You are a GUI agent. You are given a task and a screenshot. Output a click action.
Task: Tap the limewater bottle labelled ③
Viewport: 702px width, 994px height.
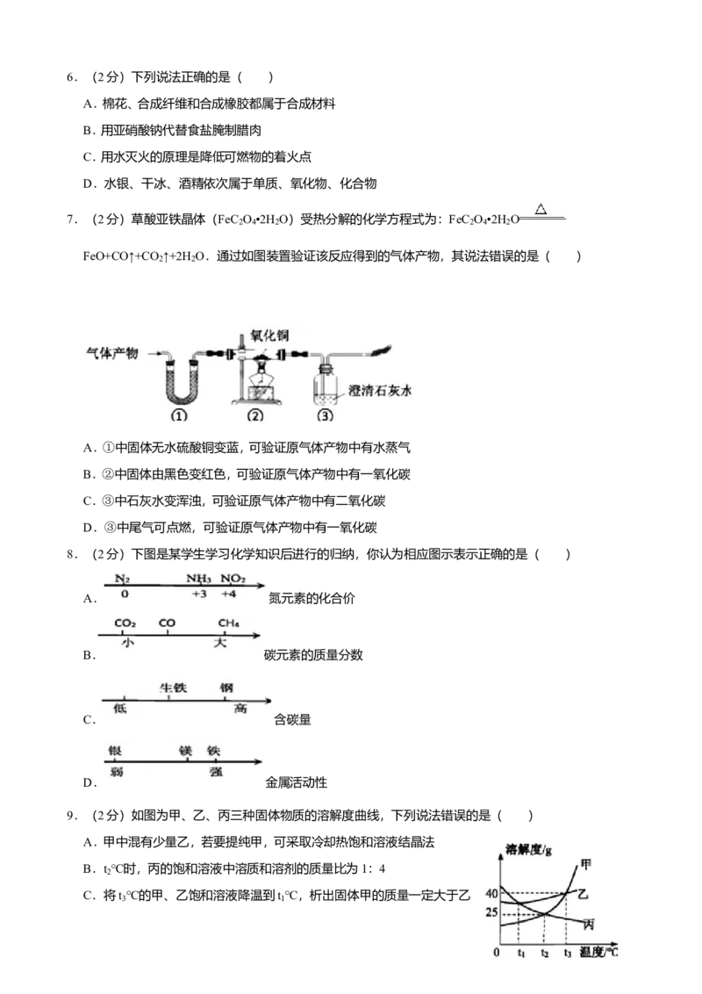tap(325, 384)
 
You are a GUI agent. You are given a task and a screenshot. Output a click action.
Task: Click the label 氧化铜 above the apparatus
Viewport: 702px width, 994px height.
tap(269, 335)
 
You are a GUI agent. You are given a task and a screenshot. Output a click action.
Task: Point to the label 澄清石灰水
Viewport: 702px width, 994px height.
tap(379, 391)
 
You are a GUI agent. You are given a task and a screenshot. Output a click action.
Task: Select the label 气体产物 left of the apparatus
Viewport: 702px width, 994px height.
tap(112, 353)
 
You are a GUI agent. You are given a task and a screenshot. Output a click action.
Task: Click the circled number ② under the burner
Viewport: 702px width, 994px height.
tap(254, 416)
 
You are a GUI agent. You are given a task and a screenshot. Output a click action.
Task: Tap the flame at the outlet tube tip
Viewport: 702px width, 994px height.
tap(381, 350)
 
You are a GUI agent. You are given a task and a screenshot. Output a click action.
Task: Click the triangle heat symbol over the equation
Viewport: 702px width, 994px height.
tap(541, 208)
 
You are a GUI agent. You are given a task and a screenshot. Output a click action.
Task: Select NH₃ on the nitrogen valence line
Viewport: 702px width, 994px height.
tap(199, 578)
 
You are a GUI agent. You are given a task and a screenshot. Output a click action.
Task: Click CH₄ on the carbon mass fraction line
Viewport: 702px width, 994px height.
tap(229, 623)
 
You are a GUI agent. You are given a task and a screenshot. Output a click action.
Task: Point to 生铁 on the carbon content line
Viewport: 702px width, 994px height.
tap(173, 688)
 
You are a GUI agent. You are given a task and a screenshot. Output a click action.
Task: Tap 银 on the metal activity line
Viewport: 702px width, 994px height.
tap(115, 751)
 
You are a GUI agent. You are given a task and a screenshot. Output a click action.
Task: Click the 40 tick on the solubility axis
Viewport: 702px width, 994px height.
tap(491, 894)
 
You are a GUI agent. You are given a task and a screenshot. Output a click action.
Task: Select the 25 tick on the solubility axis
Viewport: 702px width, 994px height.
tap(491, 913)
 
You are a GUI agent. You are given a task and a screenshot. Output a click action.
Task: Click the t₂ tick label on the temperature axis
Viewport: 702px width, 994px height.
tap(544, 953)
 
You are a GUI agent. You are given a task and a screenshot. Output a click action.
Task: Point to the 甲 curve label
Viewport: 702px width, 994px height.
tap(586, 865)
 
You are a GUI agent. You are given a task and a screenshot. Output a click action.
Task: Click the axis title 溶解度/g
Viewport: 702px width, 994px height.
tap(528, 849)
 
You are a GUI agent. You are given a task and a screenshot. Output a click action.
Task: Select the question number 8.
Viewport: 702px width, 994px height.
tap(72, 555)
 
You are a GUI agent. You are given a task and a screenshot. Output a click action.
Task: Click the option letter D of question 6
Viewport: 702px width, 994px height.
tap(90, 184)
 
